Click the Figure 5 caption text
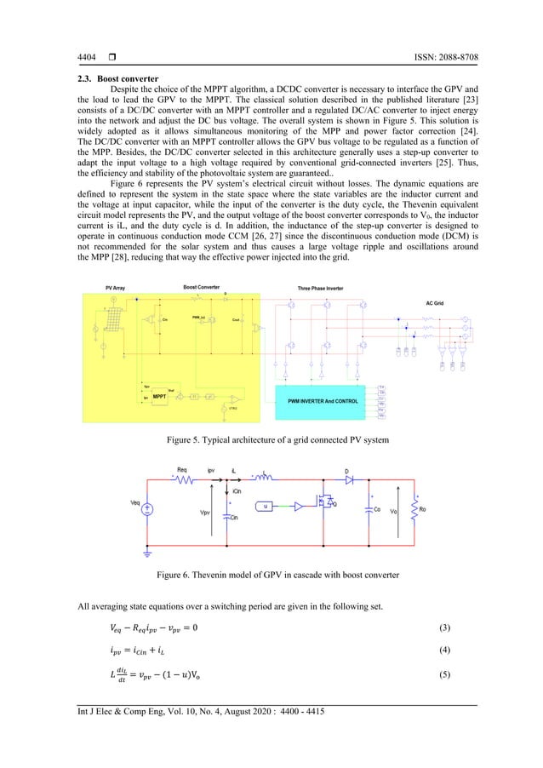tap(271, 439)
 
